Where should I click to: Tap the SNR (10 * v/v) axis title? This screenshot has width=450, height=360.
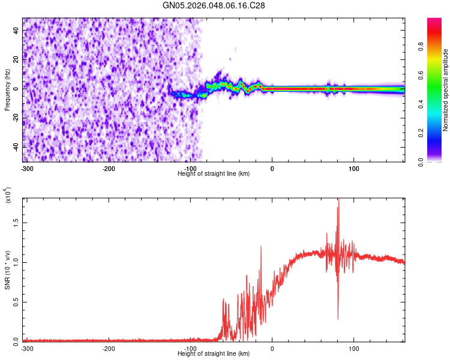(x=7, y=269)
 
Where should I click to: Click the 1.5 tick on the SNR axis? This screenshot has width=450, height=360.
(x=15, y=222)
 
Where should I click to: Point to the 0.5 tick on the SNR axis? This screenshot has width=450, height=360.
(x=15, y=301)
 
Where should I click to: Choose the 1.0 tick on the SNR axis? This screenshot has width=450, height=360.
(x=15, y=262)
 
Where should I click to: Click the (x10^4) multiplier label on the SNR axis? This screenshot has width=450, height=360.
(x=8, y=196)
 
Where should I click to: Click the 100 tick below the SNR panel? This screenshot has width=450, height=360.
(x=354, y=349)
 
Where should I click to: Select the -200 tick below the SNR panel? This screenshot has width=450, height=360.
(x=109, y=349)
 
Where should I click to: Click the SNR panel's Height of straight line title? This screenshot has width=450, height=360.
(x=214, y=354)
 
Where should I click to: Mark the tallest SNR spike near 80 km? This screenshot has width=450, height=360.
(x=338, y=200)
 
